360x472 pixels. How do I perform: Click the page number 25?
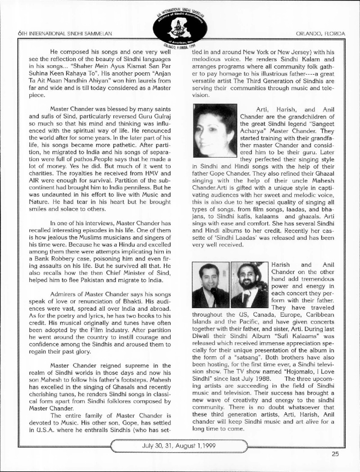[335, 454]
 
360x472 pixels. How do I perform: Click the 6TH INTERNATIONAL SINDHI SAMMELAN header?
[63, 34]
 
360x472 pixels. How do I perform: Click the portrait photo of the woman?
[214, 130]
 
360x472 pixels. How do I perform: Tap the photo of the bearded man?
[249, 285]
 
